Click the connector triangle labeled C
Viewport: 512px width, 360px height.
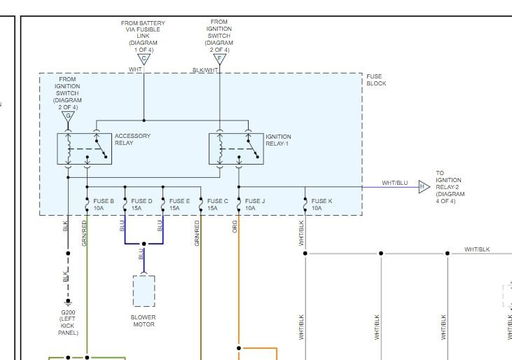tap(144, 60)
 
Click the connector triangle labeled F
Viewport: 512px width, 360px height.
tap(220, 60)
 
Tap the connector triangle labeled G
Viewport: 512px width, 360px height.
tap(68, 116)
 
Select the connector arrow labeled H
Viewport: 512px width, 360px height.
tap(424, 187)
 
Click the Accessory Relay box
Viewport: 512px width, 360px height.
tap(84, 148)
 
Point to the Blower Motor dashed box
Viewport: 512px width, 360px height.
tap(144, 291)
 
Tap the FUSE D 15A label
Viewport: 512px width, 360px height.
tap(141, 205)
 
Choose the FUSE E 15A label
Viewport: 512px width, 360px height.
tap(179, 205)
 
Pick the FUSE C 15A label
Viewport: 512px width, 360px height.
tap(217, 205)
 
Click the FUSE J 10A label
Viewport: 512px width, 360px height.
tap(255, 205)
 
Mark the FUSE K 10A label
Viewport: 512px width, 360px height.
tap(321, 205)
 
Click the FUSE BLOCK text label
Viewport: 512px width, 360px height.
tap(376, 80)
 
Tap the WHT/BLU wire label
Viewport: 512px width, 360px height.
tap(394, 183)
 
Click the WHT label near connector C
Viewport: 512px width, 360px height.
tap(135, 69)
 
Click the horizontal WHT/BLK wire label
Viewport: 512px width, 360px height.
tap(477, 249)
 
